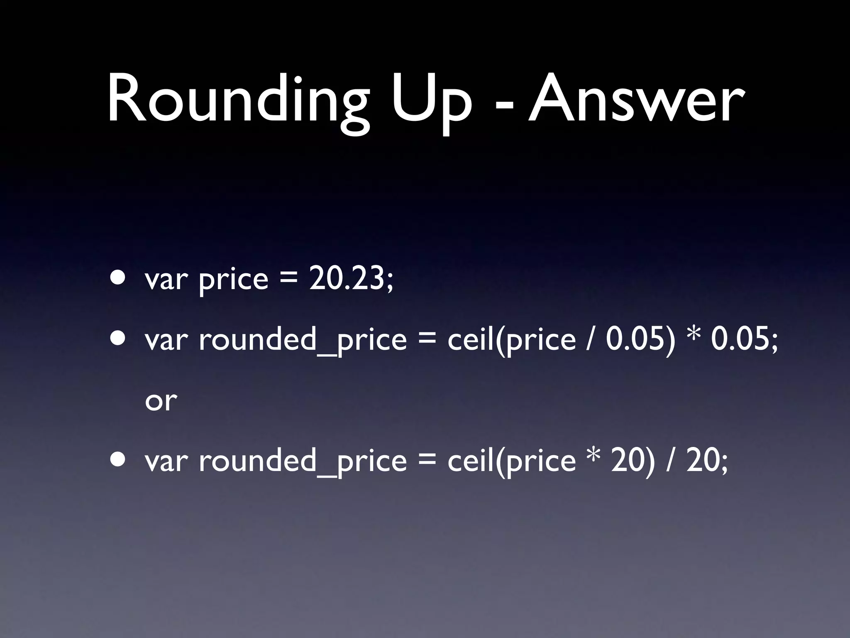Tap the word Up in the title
coord(432,102)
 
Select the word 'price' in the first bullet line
coord(234,280)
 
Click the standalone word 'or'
coord(161,401)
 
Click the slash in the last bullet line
coord(669,461)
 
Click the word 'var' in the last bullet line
coord(166,461)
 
